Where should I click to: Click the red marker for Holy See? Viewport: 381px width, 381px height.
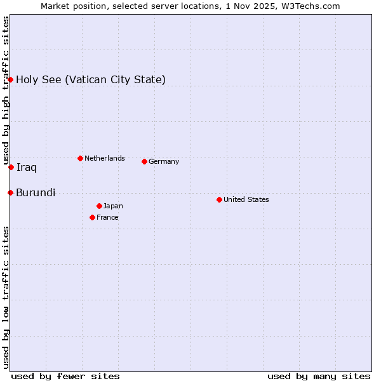[x=11, y=79]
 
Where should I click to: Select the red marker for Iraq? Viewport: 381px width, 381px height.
[x=11, y=167]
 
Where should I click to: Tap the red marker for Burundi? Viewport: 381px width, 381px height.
[x=11, y=192]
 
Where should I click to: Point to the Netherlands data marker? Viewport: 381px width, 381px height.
[x=80, y=158]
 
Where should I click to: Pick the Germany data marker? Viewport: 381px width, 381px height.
[x=144, y=161]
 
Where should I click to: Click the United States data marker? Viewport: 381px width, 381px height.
[x=219, y=199]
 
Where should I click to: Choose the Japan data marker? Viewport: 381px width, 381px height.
[x=99, y=206]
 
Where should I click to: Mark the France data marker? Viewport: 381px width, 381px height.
[x=92, y=217]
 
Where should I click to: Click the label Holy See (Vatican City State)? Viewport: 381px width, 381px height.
[x=91, y=79]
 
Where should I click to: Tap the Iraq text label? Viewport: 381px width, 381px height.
[x=26, y=167]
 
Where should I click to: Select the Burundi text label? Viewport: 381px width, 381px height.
[x=36, y=192]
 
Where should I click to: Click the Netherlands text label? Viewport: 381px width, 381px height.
[x=104, y=158]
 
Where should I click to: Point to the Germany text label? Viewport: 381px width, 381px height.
[x=164, y=161]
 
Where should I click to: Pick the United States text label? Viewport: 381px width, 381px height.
[x=246, y=199]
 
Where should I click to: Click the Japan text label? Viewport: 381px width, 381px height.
[x=113, y=206]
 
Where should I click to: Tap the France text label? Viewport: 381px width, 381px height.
[x=107, y=217]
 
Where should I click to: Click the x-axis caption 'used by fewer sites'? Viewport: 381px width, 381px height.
[x=65, y=376]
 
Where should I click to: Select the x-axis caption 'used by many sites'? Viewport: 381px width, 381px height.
[x=319, y=376]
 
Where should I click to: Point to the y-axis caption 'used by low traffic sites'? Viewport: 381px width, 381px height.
[x=6, y=297]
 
